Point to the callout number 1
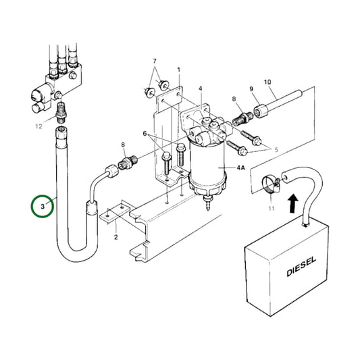(x=179, y=70)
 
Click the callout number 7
(x=154, y=61)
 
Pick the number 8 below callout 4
(x=234, y=99)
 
